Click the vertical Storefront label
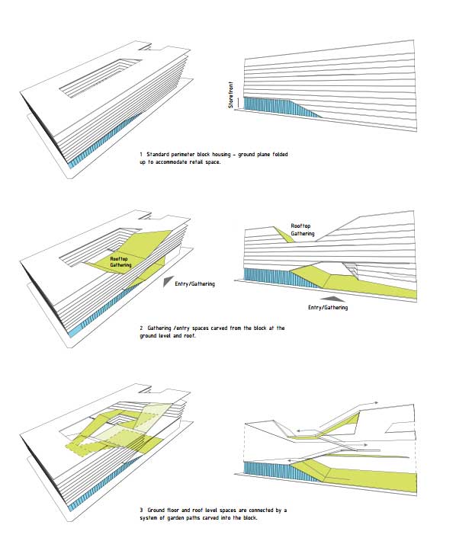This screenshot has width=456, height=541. click(230, 95)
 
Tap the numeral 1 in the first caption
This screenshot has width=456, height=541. click(141, 154)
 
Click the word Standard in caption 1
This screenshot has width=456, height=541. click(157, 154)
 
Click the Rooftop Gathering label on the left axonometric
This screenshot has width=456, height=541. click(120, 262)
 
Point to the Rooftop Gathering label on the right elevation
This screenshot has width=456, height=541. click(303, 230)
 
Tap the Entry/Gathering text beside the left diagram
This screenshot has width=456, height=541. click(194, 284)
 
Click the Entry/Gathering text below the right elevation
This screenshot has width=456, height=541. click(328, 307)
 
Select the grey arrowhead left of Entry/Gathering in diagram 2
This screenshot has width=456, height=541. click(169, 281)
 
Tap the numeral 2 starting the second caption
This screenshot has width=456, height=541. click(141, 328)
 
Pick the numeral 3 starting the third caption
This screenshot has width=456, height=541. click(141, 510)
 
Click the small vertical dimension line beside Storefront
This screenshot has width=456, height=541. click(239, 102)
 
